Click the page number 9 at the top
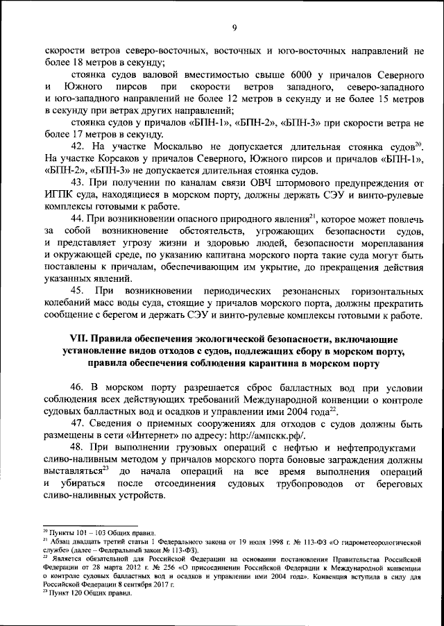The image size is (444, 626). coord(234,27)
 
